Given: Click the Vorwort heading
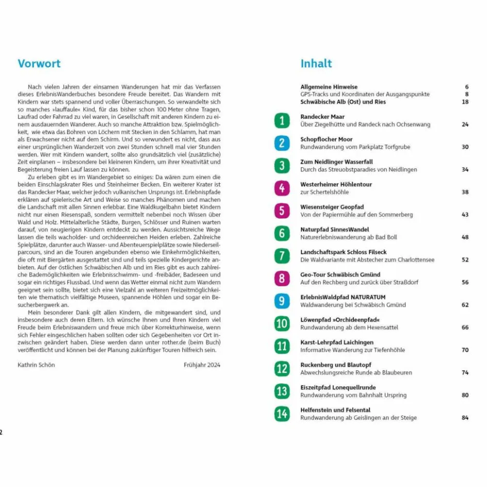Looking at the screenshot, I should tap(39, 63).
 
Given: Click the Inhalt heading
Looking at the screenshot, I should tap(316, 63).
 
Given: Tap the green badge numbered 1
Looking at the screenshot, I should tap(282, 121).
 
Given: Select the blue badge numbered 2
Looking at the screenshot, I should tap(282, 143).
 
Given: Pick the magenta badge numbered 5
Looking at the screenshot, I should tap(282, 211).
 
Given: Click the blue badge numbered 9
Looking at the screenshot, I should tap(282, 301).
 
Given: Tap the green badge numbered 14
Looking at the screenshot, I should tap(282, 414).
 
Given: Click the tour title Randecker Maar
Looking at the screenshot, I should tap(322, 117).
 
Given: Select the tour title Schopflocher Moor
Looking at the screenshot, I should tap(327, 139).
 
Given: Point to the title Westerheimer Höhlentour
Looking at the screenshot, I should tap(336, 185).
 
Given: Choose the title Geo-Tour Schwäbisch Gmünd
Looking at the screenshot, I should tap(340, 275).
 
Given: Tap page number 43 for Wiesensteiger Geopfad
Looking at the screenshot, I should tap(465, 215).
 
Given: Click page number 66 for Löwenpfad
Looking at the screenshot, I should tap(465, 327).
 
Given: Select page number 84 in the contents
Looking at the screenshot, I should tap(465, 418).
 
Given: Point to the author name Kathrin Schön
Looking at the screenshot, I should tap(36, 365).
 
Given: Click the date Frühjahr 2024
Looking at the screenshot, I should tap(202, 365).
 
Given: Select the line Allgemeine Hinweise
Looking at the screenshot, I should tap(329, 87).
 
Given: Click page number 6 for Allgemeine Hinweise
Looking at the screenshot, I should tap(466, 87).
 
